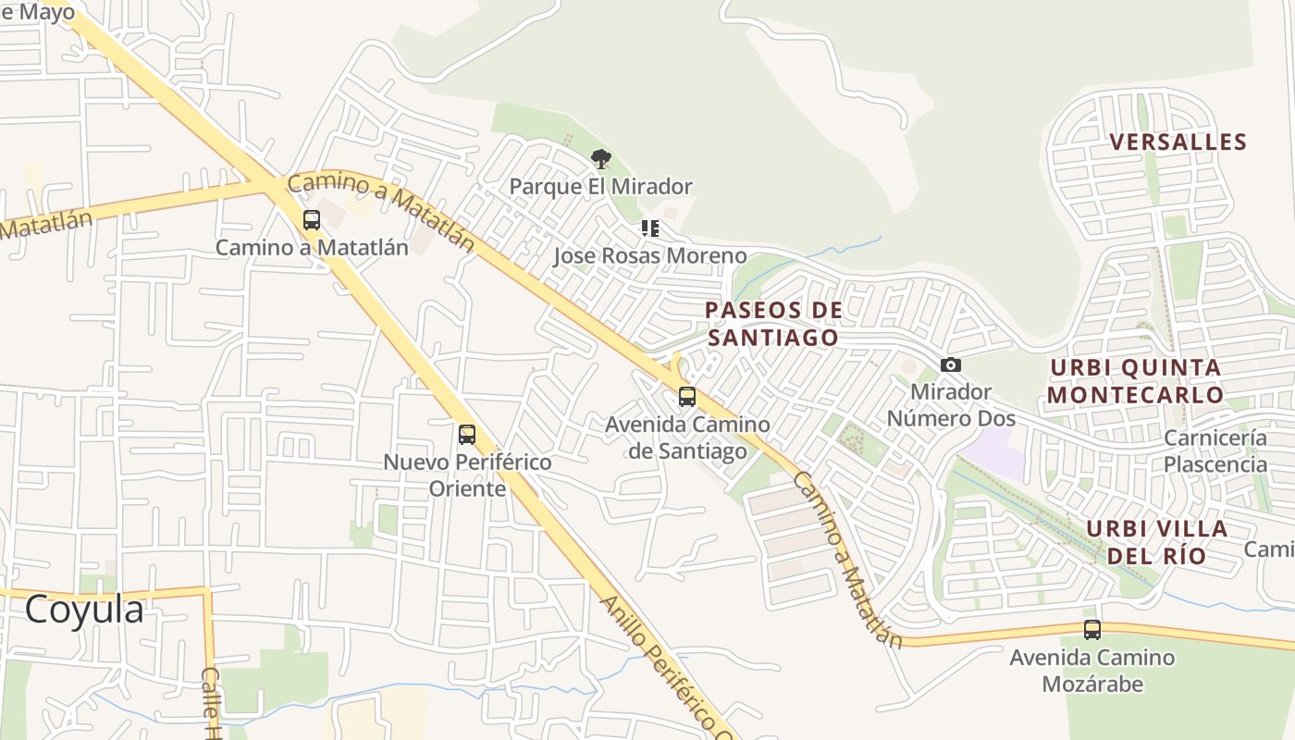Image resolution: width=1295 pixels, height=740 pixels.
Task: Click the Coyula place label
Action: click(84, 610)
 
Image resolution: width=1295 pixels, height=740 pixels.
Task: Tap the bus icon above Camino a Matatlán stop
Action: click(312, 220)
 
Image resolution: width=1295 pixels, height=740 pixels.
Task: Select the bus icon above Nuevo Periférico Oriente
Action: click(467, 434)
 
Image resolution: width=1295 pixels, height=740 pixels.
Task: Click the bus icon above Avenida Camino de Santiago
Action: click(687, 397)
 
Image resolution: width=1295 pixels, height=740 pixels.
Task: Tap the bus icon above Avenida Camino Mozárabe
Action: click(1092, 630)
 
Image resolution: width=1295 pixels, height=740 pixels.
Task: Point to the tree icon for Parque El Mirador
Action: click(601, 159)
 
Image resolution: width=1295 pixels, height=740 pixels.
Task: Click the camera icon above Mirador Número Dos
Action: click(951, 365)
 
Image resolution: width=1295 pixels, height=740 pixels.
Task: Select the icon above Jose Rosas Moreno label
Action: click(650, 228)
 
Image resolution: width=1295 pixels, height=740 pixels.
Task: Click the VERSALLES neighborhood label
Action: click(1178, 142)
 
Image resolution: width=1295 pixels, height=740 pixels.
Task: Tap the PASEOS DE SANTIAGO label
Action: click(773, 324)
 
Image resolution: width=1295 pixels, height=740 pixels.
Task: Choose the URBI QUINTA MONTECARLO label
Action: click(1136, 381)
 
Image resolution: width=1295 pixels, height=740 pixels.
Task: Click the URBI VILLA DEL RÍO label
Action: click(1156, 542)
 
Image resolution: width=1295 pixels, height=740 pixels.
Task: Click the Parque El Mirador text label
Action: click(601, 187)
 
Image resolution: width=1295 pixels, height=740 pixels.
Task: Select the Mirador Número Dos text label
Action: click(951, 405)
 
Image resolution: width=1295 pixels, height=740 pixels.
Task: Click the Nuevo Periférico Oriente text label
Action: click(467, 475)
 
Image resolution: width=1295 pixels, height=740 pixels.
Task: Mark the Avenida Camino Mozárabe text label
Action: click(1092, 671)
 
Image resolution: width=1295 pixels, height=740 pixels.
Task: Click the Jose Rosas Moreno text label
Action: click(650, 255)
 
